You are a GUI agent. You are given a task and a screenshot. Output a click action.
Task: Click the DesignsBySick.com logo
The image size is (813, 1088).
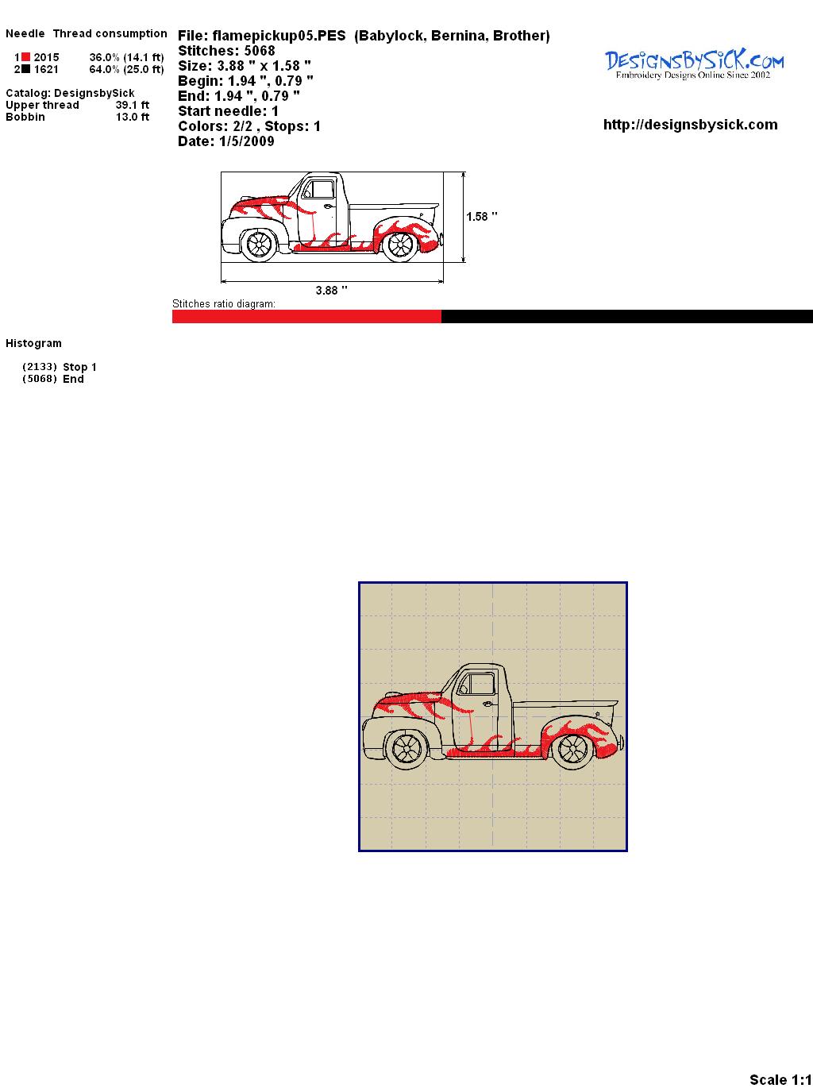pos(694,64)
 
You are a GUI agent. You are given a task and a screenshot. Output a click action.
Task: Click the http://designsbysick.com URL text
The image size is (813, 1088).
pos(690,125)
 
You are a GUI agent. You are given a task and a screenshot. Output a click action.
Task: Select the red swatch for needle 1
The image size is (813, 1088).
pos(25,57)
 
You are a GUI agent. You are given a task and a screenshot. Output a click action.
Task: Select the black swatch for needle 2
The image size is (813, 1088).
pos(25,69)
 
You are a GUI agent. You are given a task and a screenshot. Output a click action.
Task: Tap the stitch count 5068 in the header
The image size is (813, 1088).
pos(260,51)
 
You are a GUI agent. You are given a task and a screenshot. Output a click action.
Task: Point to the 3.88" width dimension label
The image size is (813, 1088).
pos(331,291)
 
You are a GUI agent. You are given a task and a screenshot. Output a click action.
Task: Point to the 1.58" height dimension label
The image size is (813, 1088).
pos(482,217)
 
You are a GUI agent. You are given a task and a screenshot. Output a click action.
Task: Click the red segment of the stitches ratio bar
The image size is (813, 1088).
pos(306,316)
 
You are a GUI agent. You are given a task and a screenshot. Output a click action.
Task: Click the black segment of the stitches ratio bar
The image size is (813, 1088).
pos(627,316)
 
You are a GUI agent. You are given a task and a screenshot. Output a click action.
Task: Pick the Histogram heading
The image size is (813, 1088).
pos(33,344)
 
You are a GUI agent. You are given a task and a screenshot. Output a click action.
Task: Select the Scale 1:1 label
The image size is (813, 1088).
pos(780,1079)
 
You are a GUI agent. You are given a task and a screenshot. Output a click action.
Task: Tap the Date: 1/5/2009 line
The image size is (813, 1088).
pos(226,141)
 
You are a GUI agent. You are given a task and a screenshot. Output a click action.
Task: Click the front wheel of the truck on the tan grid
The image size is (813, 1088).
pos(407,749)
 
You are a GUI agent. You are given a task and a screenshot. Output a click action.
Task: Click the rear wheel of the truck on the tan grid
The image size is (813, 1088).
pos(572,748)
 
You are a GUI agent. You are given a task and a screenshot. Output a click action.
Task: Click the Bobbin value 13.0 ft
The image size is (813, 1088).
pos(133,117)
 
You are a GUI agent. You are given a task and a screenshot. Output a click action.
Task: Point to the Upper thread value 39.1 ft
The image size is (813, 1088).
pos(133,105)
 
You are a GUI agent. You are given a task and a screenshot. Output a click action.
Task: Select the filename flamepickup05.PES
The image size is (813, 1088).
pos(279,36)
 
